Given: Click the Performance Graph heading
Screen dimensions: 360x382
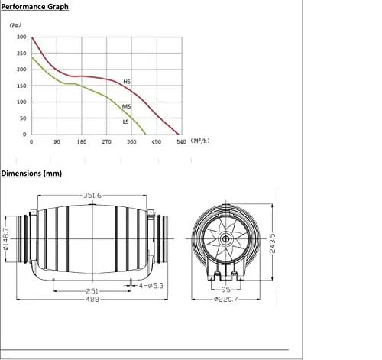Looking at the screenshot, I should click(34, 7).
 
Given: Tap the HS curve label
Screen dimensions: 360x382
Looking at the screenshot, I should click(128, 80).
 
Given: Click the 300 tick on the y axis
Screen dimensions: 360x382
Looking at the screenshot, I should click(21, 37).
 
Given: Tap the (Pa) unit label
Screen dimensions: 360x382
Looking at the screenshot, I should click(16, 25).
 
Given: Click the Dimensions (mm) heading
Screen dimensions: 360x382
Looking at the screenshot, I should click(31, 174).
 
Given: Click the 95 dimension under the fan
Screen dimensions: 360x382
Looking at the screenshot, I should click(226, 291).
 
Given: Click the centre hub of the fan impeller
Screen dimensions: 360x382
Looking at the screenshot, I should click(227, 239).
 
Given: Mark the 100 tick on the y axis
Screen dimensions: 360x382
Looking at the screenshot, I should click(21, 102).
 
